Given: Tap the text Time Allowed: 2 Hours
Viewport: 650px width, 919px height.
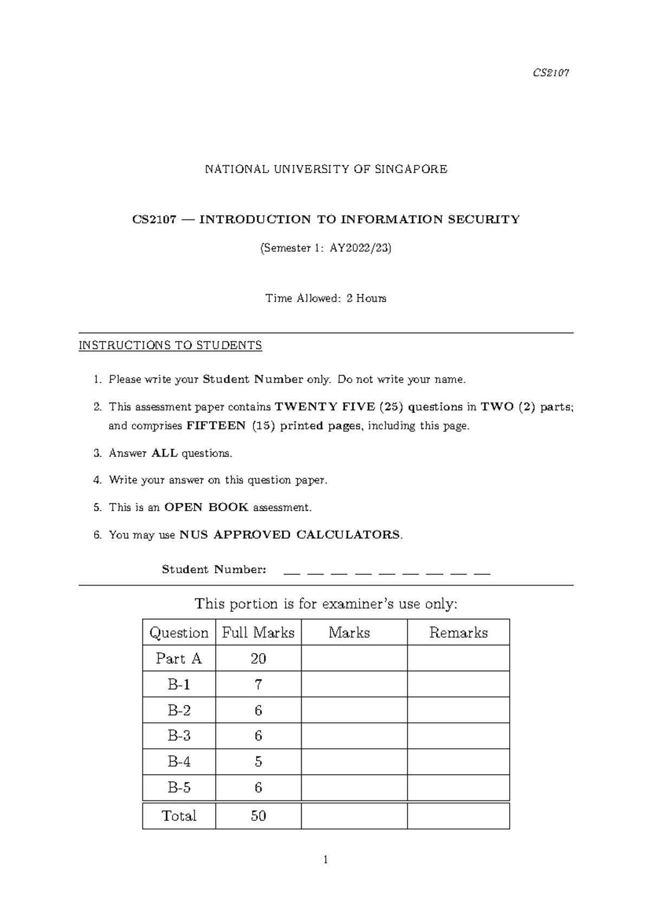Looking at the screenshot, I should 326,298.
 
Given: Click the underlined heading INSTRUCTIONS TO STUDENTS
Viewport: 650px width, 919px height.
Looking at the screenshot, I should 171,345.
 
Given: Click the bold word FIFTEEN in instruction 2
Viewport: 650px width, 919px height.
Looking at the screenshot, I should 216,426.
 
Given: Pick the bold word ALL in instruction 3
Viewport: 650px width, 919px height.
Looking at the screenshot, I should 164,453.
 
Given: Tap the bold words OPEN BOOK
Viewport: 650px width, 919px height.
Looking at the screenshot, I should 206,507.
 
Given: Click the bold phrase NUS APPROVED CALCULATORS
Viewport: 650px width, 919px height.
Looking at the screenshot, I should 290,535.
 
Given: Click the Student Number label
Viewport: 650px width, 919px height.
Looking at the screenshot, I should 214,569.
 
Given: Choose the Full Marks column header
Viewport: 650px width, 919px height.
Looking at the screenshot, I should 258,632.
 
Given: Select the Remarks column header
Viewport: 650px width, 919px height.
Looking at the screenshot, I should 458,632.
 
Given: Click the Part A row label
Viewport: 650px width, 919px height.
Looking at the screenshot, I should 178,658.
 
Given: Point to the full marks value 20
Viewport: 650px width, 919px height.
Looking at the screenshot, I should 258,658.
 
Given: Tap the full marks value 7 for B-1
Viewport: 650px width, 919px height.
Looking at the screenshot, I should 258,684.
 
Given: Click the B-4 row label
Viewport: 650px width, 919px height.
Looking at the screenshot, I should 179,762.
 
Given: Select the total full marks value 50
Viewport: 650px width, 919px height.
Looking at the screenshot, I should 258,816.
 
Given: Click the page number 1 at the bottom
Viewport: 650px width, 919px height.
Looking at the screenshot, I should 326,860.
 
